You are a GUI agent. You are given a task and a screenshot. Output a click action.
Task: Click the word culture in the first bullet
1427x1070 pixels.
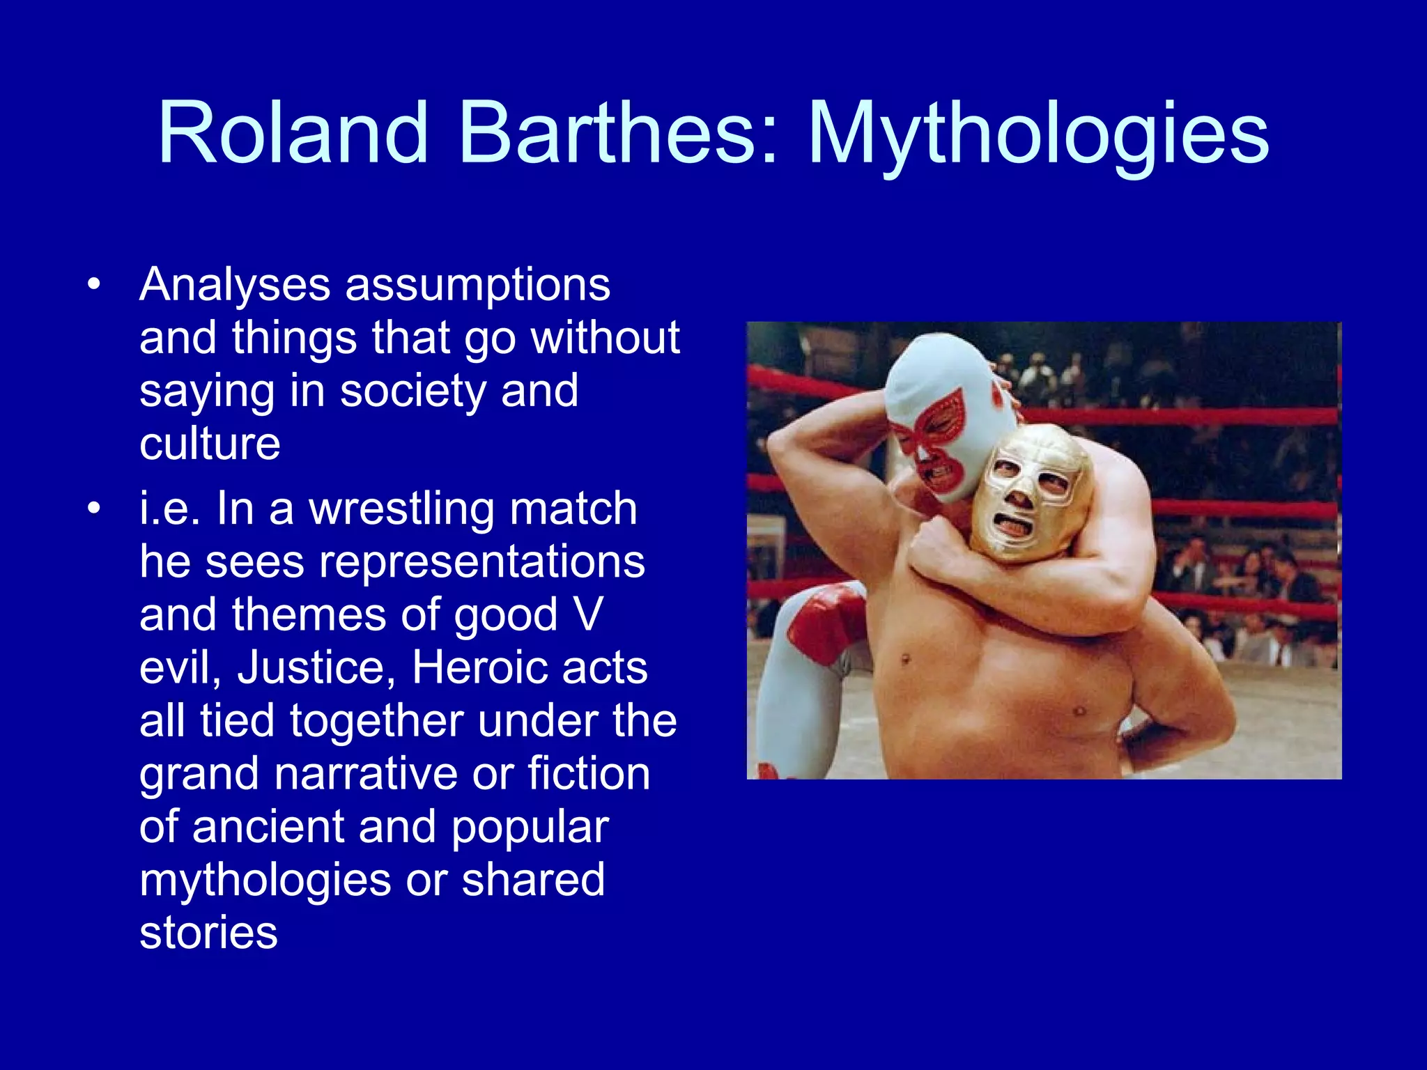coord(210,444)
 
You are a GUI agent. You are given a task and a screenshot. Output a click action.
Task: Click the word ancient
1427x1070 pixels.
coord(268,827)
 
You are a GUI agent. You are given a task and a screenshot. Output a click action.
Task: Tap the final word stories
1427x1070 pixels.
coord(208,933)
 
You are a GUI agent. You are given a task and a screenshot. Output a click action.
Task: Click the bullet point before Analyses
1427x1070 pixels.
coord(94,285)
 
